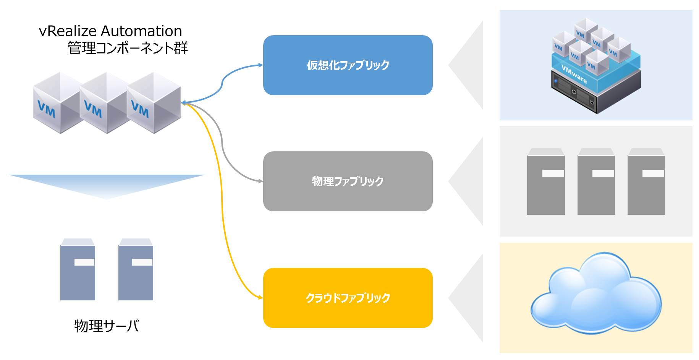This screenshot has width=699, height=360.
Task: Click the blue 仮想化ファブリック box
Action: pos(348,65)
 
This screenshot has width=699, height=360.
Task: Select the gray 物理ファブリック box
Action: pos(348,181)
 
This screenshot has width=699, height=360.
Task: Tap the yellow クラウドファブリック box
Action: pos(348,298)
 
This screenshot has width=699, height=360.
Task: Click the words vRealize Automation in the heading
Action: pos(110,31)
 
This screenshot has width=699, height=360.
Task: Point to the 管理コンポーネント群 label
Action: pos(128,48)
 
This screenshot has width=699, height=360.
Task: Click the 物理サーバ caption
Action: pos(107,326)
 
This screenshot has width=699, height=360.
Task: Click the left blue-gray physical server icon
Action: pos(78,270)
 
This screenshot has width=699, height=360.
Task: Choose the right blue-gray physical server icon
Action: pos(136,270)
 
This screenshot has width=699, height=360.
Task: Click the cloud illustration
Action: pos(596,294)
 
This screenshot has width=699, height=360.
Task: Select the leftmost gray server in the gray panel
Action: pos(545,182)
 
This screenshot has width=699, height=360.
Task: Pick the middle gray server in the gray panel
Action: pos(596,182)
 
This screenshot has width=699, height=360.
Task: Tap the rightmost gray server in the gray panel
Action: pos(646,182)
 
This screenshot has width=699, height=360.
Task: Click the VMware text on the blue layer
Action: pos(574,74)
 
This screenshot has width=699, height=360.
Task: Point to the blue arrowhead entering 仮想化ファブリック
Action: pos(261,65)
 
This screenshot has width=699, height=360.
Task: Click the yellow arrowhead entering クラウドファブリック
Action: pos(261,297)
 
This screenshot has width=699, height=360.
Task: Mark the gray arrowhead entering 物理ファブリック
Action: pos(261,181)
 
